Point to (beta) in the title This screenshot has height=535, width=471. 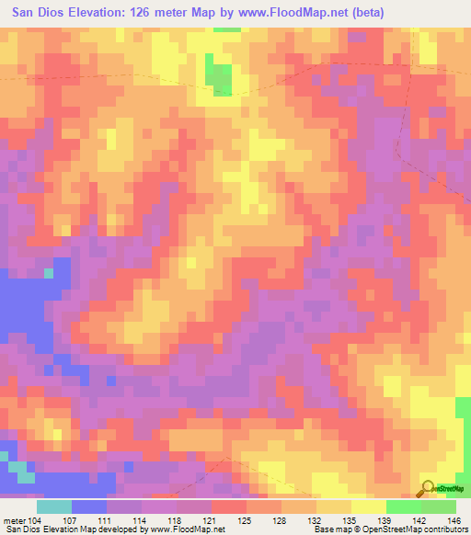(365, 12)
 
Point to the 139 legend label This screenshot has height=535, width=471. (385, 519)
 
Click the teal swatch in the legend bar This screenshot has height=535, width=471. (53, 507)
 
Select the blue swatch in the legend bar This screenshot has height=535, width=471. (88, 507)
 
